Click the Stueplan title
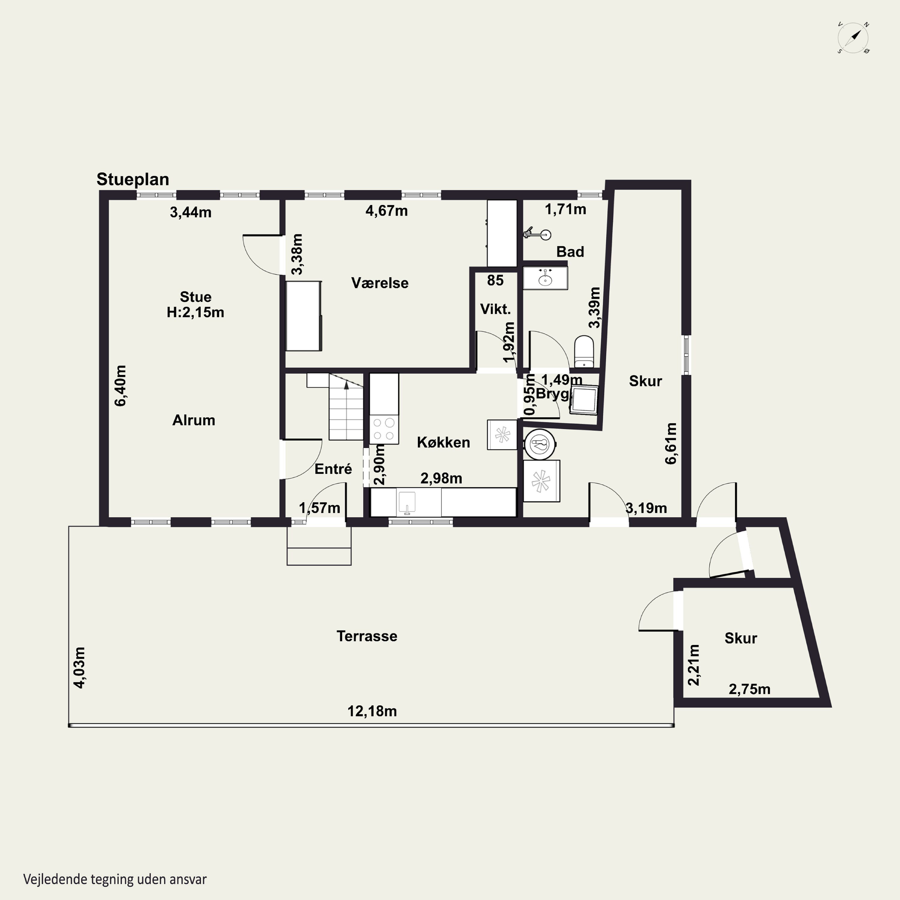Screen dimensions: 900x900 133,179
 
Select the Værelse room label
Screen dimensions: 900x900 380,283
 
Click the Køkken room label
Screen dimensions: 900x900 443,442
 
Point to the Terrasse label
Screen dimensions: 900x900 367,636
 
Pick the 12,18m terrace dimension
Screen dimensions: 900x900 372,711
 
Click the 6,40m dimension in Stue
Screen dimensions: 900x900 120,386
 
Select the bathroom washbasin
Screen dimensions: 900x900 545,278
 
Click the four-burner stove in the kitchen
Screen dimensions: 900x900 384,430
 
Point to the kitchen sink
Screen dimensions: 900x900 407,502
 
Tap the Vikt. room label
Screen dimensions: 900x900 495,309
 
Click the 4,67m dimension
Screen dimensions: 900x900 387,211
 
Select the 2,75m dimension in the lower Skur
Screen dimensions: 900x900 749,689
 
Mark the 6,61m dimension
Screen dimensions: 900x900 671,443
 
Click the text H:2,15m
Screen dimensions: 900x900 196,312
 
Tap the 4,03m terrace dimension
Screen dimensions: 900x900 80,667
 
